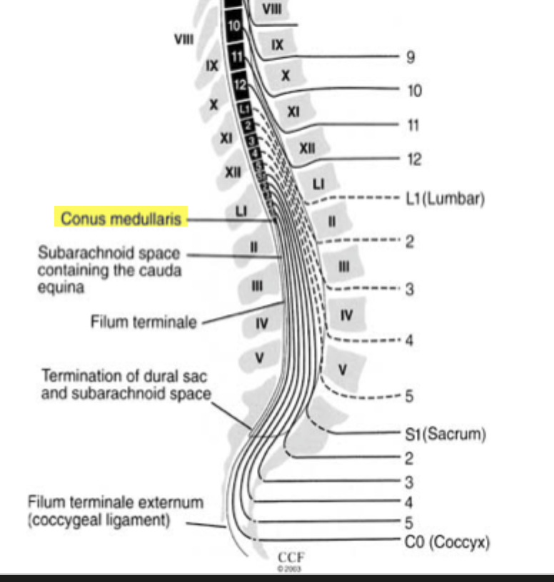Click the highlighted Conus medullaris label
coord(121,217)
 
